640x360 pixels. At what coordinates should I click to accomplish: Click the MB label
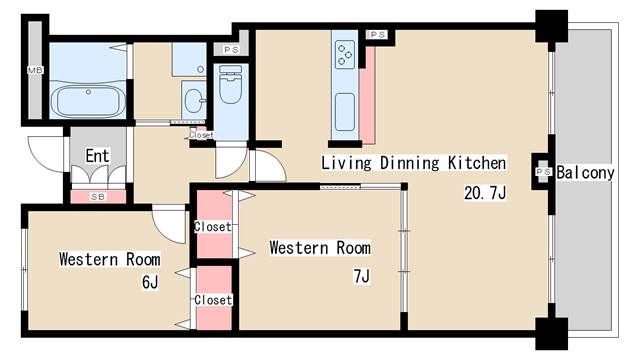(35, 70)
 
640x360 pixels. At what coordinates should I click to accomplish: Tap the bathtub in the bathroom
(89, 100)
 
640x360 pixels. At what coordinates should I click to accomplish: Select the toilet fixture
(231, 84)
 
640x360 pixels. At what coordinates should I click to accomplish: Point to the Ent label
(98, 156)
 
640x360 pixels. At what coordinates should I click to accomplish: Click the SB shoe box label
(98, 197)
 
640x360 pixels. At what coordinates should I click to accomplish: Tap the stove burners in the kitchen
(345, 54)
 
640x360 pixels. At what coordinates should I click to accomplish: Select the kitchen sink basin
(345, 111)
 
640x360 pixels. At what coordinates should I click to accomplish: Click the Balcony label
(586, 173)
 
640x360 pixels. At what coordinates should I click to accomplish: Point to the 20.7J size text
(485, 193)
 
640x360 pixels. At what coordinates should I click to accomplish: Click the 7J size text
(362, 276)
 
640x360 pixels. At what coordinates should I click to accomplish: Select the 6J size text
(150, 282)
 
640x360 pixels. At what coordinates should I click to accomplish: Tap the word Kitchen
(477, 163)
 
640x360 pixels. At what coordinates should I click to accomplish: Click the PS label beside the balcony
(543, 172)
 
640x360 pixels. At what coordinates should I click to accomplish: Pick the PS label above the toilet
(231, 50)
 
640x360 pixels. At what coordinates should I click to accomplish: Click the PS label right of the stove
(377, 35)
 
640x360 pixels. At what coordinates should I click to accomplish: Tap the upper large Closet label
(213, 227)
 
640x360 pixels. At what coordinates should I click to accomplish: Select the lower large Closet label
(213, 300)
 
